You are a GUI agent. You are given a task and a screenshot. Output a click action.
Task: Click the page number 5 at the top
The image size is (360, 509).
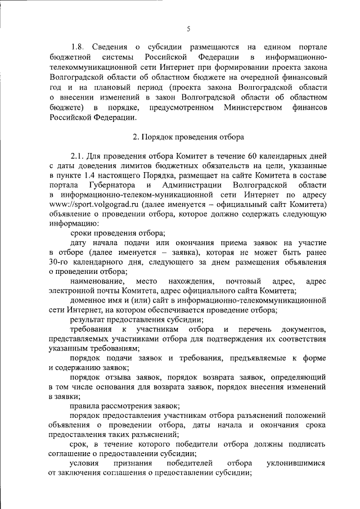(x=188, y=29)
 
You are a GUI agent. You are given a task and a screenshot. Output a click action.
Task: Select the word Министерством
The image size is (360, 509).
(x=253, y=107)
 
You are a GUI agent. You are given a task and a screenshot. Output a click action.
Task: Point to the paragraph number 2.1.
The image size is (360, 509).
(x=78, y=156)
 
